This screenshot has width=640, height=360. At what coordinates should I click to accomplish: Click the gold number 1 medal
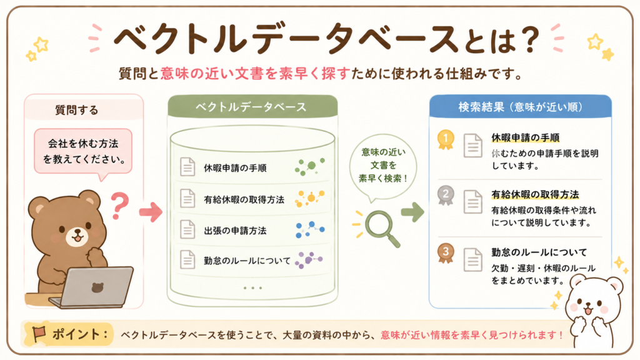445,139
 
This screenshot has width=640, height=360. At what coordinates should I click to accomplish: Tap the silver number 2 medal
445,195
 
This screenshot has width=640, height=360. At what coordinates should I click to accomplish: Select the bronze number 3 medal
445,253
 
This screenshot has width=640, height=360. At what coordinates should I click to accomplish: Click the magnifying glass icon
380,227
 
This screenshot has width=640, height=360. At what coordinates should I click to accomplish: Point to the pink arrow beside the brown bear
151,212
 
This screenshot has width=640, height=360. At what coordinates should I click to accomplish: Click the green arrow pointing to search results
412,212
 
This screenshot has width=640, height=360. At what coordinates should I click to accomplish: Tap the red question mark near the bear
119,206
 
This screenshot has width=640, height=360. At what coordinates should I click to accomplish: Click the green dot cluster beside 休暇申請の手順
309,166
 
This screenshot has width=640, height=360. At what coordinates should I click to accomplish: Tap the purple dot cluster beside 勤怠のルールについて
309,259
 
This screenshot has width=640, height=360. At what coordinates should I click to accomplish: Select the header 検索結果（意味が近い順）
521,107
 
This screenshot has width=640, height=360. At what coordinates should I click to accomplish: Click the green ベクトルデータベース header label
251,107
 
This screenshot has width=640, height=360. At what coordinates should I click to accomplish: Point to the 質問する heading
77,110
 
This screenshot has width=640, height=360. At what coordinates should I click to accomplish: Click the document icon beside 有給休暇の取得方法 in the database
187,198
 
